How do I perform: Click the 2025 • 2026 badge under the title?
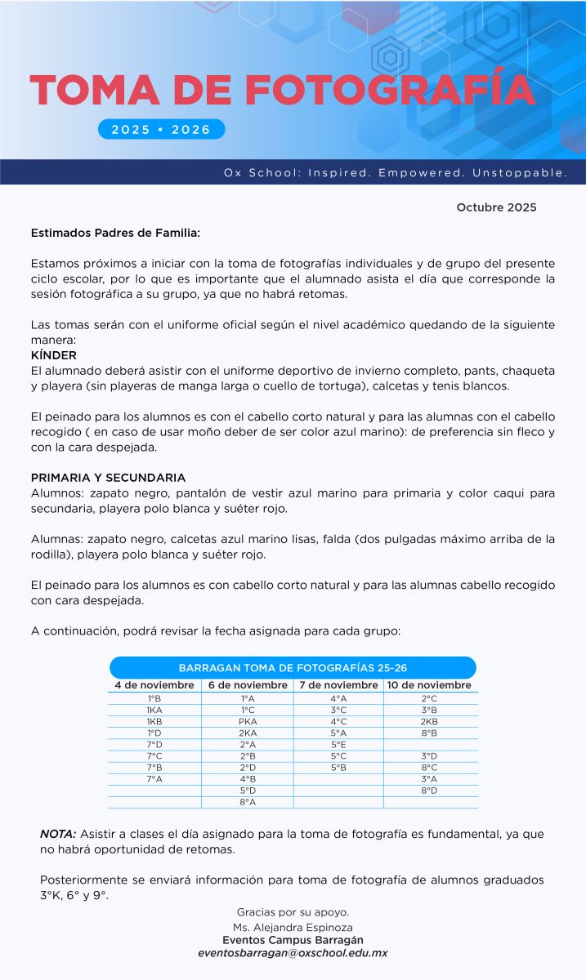click(x=161, y=129)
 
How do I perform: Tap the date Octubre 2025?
click(x=496, y=207)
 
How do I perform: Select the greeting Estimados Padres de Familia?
click(x=115, y=233)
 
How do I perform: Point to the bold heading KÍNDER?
click(x=54, y=355)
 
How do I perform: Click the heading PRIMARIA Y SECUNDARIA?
click(x=108, y=478)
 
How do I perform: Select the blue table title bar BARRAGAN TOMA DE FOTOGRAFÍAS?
click(x=293, y=667)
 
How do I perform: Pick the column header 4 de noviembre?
click(x=154, y=685)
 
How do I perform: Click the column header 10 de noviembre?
click(x=429, y=685)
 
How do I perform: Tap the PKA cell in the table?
click(x=248, y=722)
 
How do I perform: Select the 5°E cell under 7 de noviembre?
click(x=338, y=745)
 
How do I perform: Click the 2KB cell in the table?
click(x=429, y=722)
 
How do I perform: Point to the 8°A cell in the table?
click(x=248, y=802)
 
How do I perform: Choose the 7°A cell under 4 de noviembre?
click(x=154, y=779)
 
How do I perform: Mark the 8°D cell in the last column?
click(x=429, y=791)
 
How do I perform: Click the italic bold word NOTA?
click(x=58, y=834)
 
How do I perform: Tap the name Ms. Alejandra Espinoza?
click(x=293, y=927)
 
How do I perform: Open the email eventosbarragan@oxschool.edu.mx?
click(x=293, y=953)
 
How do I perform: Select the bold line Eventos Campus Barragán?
click(x=293, y=940)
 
